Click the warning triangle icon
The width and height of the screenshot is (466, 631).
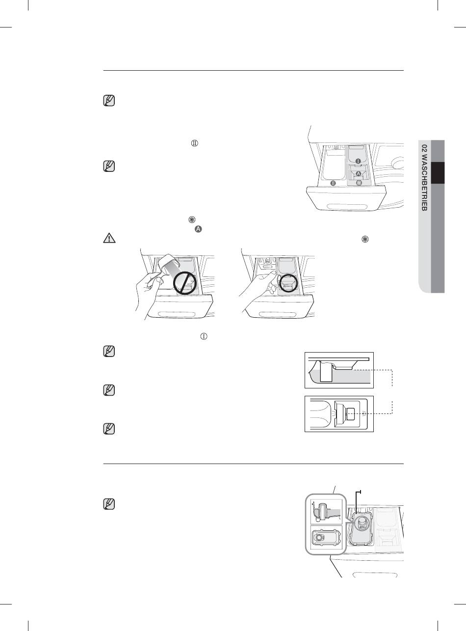pyautogui.click(x=109, y=238)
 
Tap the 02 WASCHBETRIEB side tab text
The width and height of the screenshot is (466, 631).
pyautogui.click(x=424, y=178)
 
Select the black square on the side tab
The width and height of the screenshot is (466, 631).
pyautogui.click(x=438, y=173)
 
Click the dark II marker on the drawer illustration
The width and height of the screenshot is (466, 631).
pyautogui.click(x=333, y=183)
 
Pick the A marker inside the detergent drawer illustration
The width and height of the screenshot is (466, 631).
pyautogui.click(x=358, y=173)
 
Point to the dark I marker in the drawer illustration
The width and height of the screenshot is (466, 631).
pyautogui.click(x=358, y=161)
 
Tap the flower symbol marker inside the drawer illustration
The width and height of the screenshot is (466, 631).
pyautogui.click(x=359, y=183)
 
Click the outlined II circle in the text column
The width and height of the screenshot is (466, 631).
pyautogui.click(x=194, y=143)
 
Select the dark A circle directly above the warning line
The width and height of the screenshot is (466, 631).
pyautogui.click(x=198, y=229)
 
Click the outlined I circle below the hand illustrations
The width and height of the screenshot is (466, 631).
pyautogui.click(x=204, y=336)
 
